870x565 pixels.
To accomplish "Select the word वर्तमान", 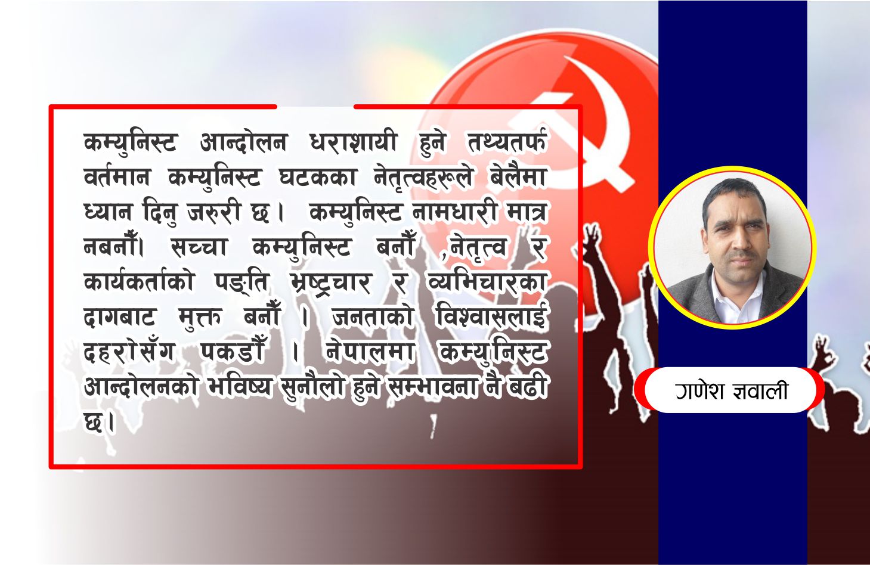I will [x=117, y=178].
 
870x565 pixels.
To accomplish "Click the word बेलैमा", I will [x=518, y=178].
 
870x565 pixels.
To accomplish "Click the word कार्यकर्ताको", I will [x=138, y=282].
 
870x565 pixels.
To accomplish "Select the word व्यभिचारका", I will [x=487, y=282].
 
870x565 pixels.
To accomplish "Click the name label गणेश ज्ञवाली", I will [x=731, y=390].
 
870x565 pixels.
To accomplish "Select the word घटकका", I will [x=317, y=178].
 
